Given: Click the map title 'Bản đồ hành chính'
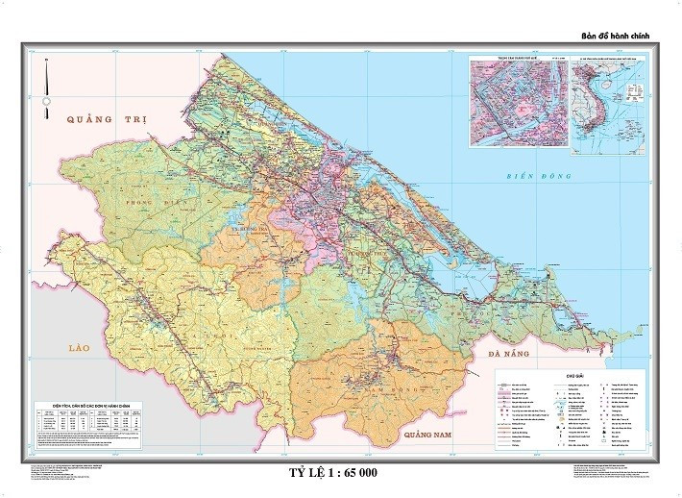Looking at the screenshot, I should point(617,36).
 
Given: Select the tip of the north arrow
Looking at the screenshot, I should point(47,61).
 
